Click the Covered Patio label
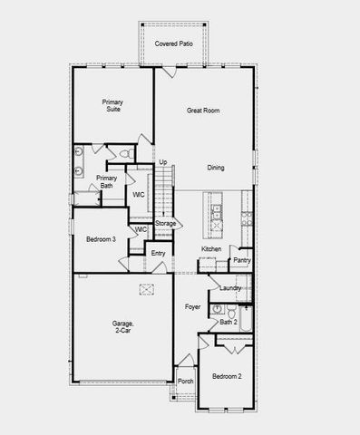(x=172, y=43)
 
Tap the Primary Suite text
(x=112, y=106)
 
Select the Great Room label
(x=204, y=111)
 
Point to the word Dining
(x=216, y=168)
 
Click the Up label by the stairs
(x=163, y=162)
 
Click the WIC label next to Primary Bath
(x=139, y=195)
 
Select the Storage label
(x=165, y=223)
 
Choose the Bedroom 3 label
(x=101, y=239)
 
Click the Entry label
(x=159, y=254)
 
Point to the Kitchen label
(x=211, y=249)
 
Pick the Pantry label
(x=241, y=260)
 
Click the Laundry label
(x=230, y=288)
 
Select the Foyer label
(x=193, y=307)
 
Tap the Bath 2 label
(x=229, y=322)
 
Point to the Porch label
(x=185, y=382)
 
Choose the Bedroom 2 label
(x=227, y=375)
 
